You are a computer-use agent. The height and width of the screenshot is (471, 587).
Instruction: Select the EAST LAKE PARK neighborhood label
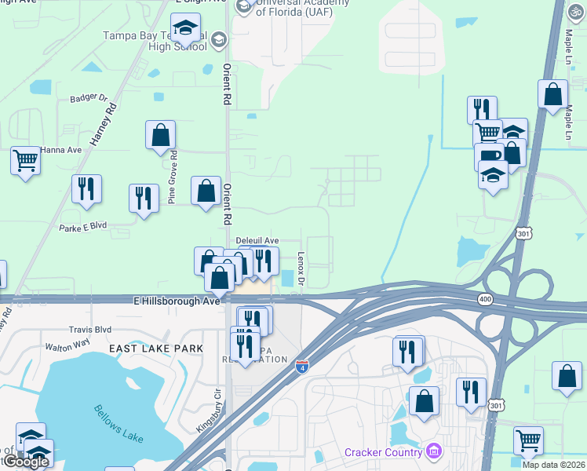click(155, 348)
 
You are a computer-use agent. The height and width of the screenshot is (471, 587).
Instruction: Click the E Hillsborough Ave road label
click(177, 301)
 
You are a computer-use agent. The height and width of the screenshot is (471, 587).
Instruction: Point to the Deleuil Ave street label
click(257, 241)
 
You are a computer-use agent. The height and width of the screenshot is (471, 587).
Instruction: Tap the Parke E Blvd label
click(82, 228)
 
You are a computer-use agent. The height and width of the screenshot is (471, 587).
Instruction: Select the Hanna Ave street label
click(62, 150)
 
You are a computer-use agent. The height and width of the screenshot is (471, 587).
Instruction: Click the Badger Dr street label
click(88, 98)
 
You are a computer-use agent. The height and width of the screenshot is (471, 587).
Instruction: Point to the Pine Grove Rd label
click(173, 177)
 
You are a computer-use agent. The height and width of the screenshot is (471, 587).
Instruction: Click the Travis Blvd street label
click(90, 330)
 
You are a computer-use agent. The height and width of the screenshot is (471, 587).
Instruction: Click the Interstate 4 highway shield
click(303, 367)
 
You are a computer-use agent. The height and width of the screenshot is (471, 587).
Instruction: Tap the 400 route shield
click(485, 299)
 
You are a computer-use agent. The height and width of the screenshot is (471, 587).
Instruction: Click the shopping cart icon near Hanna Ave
click(26, 161)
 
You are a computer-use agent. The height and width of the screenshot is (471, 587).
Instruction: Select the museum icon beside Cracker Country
click(434, 451)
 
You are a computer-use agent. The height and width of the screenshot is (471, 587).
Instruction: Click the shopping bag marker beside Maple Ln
click(552, 94)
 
